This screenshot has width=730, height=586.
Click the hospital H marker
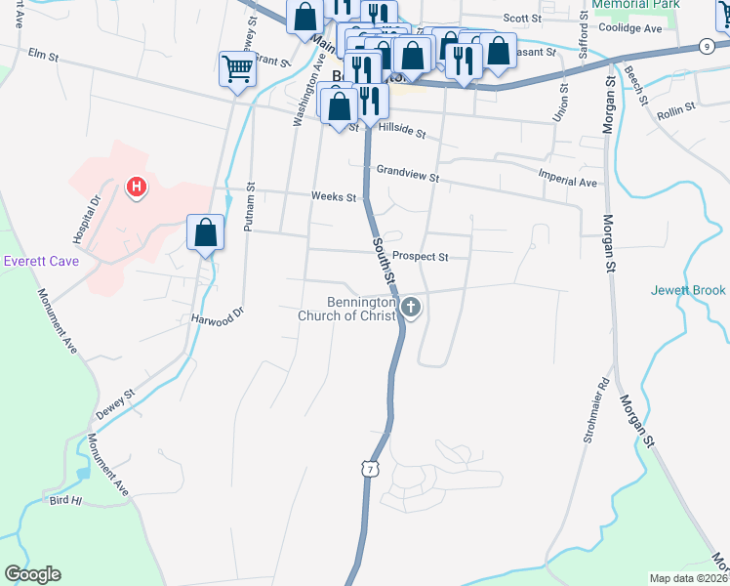pos(137,186)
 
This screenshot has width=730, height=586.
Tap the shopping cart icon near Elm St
pos(237,69)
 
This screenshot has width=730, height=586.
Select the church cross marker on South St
pos(411,309)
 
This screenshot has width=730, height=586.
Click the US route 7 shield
pos(368,469)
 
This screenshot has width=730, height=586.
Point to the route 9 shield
pos(706,46)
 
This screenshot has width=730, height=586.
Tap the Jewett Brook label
pos(688,290)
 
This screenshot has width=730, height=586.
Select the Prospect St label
pos(422,257)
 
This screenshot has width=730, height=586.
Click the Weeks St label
pos(333,196)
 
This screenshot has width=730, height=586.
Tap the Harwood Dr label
pos(216,318)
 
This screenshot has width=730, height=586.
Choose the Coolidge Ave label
pos(629,28)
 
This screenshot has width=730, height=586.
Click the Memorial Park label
pos(634,5)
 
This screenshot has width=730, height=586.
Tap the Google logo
pos(32,574)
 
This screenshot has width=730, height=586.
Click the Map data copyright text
pos(689,578)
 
